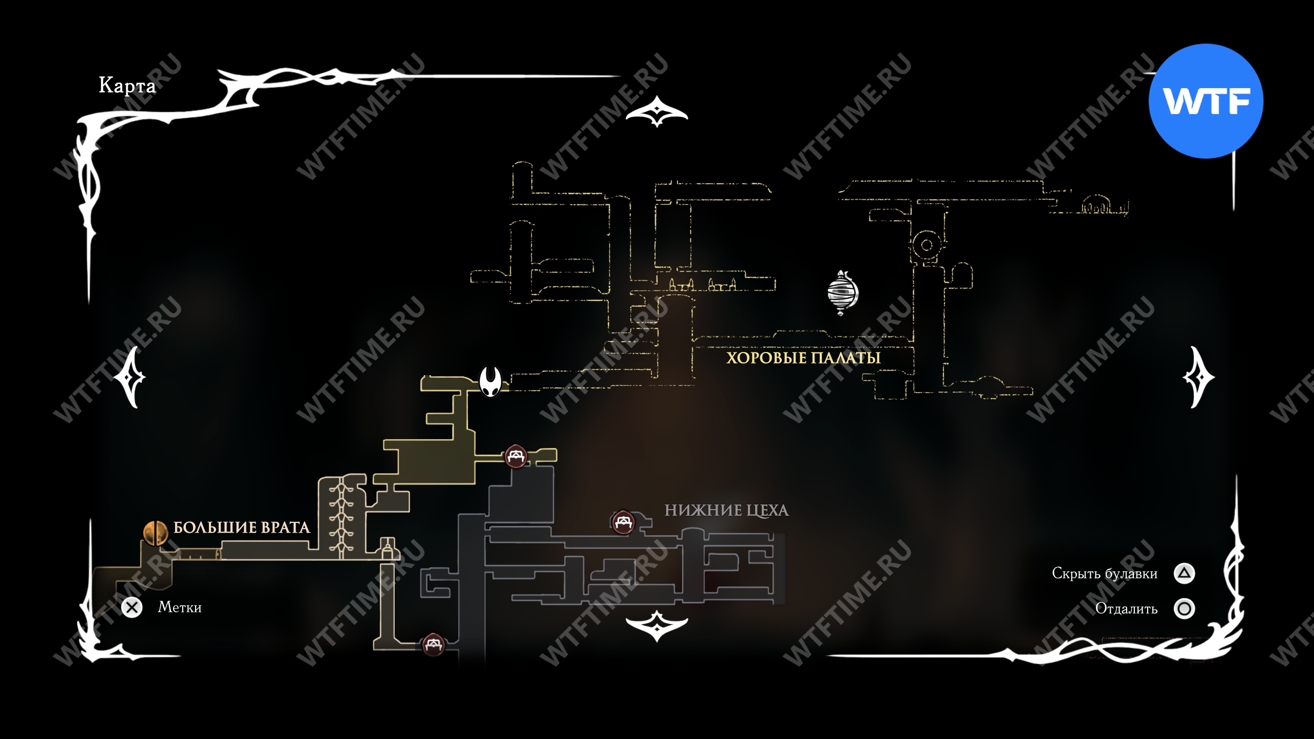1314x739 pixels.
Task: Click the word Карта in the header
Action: [127, 85]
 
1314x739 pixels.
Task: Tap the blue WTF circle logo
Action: [1206, 101]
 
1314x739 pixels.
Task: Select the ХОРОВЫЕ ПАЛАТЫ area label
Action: [803, 358]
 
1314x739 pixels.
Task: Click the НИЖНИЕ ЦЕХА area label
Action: [726, 510]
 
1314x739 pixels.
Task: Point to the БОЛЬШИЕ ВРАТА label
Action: [241, 528]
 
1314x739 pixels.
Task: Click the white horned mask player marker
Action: [490, 381]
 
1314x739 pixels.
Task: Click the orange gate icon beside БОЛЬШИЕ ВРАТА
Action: [155, 533]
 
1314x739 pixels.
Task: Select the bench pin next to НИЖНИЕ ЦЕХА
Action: [623, 522]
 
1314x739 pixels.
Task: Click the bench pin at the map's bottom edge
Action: [433, 645]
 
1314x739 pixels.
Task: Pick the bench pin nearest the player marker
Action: [516, 456]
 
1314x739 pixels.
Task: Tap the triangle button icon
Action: [1184, 573]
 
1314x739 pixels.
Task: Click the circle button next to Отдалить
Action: [1184, 609]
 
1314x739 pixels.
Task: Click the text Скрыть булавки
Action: [1105, 573]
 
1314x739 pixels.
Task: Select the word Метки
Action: [180, 608]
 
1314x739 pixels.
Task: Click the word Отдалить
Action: [1126, 609]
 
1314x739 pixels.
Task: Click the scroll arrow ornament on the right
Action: [1199, 378]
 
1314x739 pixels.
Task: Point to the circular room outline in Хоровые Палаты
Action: [926, 245]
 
